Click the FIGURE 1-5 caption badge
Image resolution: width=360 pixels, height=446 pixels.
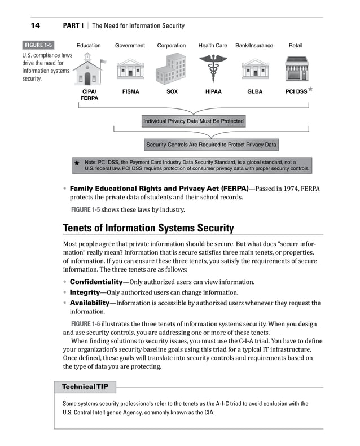click(38, 46)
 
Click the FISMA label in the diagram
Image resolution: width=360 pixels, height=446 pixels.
click(130, 91)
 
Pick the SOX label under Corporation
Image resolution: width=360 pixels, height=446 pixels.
click(172, 91)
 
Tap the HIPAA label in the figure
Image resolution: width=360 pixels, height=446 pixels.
click(213, 91)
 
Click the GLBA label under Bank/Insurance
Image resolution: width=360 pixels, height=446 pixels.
click(254, 91)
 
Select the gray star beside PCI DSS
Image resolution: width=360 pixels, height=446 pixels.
click(310, 89)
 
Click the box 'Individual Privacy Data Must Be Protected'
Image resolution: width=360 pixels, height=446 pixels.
click(194, 121)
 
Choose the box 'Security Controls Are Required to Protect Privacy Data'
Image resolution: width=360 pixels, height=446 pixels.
click(211, 145)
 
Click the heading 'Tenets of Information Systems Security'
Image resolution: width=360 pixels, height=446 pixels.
click(148, 228)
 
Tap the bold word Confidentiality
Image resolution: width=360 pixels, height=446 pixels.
click(96, 282)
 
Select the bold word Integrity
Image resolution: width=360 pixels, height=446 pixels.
click(85, 292)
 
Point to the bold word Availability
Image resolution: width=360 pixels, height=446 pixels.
click(89, 303)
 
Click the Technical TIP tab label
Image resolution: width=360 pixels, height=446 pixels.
click(85, 387)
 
